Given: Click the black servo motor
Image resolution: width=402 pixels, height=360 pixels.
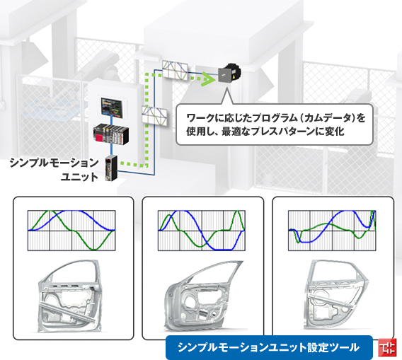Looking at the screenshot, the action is [230, 73].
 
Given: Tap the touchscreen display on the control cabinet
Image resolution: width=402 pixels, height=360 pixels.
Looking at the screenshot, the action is [112, 108].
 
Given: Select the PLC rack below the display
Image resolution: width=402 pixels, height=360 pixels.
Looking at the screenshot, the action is [111, 134].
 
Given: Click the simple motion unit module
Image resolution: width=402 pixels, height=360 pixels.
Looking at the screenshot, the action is [111, 168].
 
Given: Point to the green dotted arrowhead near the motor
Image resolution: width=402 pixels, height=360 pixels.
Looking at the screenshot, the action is [209, 79].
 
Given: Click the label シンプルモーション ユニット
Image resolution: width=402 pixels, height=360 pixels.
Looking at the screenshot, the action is [54, 170].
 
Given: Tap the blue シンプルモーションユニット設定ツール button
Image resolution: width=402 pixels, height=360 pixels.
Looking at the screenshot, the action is [269, 347].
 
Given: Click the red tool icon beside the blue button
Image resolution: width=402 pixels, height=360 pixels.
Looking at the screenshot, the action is [387, 347].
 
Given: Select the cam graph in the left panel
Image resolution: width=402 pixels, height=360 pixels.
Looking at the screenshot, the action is [71, 231].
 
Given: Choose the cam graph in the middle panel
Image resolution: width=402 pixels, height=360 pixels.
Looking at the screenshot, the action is [202, 231].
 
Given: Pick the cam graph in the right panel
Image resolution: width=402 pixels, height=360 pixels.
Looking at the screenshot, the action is [332, 231].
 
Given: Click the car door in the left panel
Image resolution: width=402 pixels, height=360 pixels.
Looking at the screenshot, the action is [69, 296].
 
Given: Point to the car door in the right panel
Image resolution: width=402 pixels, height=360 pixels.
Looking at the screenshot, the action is [335, 295].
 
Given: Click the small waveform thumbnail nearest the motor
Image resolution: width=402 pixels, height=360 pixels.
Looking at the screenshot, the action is [175, 71].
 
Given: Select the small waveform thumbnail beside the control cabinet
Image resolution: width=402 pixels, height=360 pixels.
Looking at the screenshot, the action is [154, 115].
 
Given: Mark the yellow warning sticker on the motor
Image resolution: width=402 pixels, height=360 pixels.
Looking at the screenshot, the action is [234, 77].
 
